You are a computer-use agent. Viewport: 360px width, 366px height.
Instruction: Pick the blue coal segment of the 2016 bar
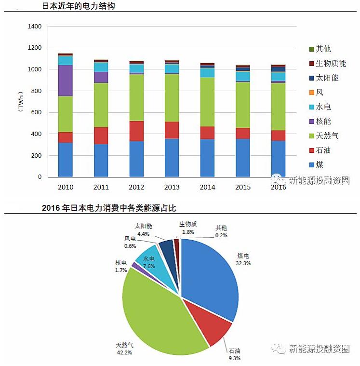(x=278, y=159)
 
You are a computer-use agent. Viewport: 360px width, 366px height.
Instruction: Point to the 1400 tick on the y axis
(x=35, y=27)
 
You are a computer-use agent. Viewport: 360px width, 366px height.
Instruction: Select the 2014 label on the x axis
(x=207, y=187)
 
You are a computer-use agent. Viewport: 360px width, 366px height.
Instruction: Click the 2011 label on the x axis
(x=101, y=187)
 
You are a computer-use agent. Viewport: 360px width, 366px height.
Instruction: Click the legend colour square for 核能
(x=312, y=122)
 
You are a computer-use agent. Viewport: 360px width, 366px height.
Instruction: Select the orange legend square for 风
(x=312, y=93)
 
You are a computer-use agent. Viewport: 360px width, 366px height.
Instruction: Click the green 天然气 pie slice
(x=154, y=313)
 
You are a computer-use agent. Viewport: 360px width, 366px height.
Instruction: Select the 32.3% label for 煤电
(x=243, y=263)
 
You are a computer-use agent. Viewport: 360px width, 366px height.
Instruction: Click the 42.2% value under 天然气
(x=124, y=352)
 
